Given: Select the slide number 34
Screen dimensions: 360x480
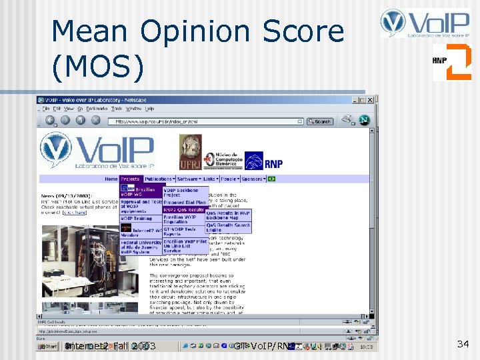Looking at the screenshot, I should (463, 344).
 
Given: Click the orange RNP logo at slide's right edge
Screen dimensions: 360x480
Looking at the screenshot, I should (451, 61).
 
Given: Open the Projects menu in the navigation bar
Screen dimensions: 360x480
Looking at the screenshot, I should (131, 179).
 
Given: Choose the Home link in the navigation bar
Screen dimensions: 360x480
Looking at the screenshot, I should (111, 179).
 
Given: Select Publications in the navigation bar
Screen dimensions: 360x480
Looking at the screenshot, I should (159, 179).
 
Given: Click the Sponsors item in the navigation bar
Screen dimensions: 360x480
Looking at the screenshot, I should (252, 179).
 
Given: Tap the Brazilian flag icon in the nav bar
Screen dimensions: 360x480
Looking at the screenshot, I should (271, 179).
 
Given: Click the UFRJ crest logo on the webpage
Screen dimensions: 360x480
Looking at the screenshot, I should (189, 151).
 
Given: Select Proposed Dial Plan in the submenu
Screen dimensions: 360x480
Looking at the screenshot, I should (184, 202).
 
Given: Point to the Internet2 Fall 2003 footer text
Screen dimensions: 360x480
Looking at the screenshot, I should (110, 346).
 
